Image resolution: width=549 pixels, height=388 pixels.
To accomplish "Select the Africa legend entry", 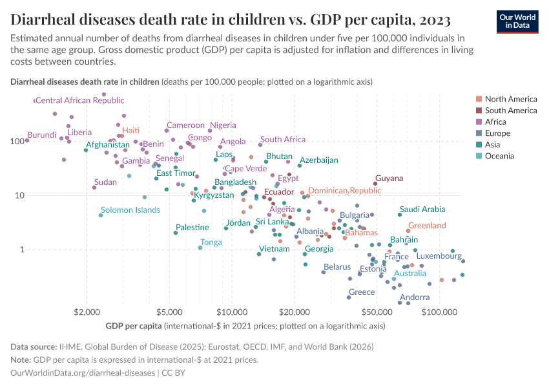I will [x=496, y=122].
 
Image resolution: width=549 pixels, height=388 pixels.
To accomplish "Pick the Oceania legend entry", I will [x=499, y=156].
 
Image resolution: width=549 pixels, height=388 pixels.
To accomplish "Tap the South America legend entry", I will [x=510, y=111].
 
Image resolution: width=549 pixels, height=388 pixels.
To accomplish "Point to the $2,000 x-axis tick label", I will [x=86, y=313].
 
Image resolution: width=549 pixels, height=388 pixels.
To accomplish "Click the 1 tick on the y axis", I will [x=20, y=250].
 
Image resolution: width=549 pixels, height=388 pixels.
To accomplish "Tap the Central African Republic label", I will [x=79, y=100].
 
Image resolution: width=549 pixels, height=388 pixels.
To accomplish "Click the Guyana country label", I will [x=389, y=178].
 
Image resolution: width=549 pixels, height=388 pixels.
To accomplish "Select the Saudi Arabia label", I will [x=422, y=210].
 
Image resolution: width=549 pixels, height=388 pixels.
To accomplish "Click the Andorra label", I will [x=415, y=297].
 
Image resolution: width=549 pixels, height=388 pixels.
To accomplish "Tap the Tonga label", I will [x=211, y=242].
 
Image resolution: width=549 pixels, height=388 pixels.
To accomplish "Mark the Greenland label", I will [x=427, y=226].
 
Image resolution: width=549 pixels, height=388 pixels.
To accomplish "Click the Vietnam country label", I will [x=274, y=249].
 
